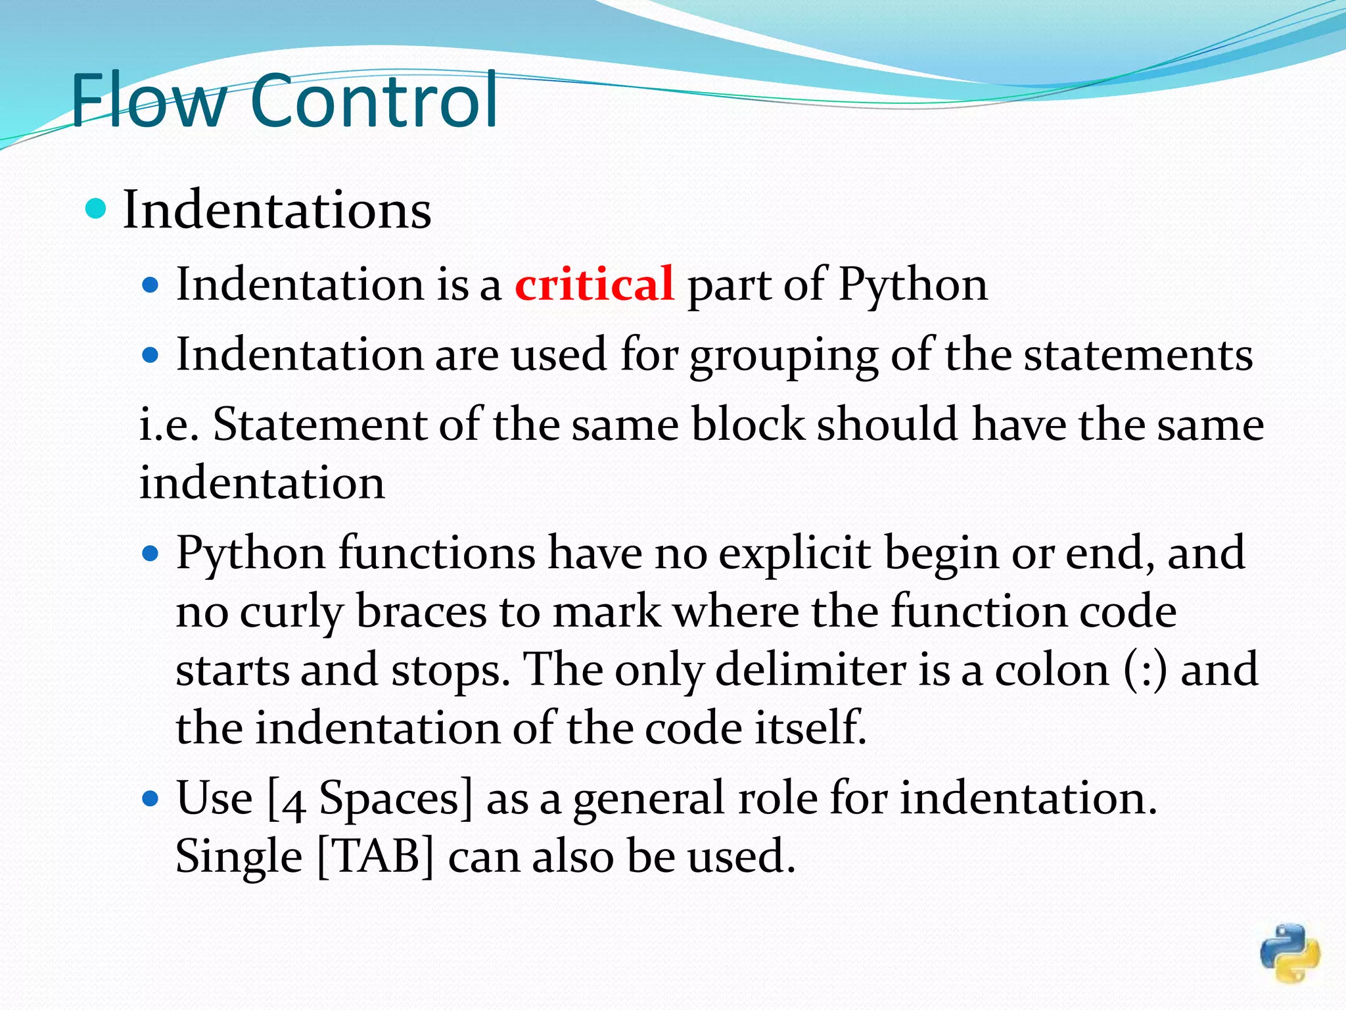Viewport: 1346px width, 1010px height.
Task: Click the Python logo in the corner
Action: (1289, 953)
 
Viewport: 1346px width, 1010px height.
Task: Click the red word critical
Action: (594, 284)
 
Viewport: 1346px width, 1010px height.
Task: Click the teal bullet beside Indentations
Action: (96, 209)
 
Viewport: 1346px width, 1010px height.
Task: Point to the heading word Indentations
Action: (277, 209)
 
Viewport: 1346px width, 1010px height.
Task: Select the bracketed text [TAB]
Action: (375, 856)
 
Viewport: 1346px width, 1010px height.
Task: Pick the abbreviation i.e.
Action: (169, 424)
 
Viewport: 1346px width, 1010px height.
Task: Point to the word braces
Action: (421, 612)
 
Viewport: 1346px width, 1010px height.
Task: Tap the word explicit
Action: (794, 553)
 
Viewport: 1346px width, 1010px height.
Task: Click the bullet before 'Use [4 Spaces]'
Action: (151, 799)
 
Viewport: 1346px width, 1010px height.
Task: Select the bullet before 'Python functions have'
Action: (151, 554)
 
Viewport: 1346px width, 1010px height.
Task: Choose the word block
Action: (747, 424)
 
